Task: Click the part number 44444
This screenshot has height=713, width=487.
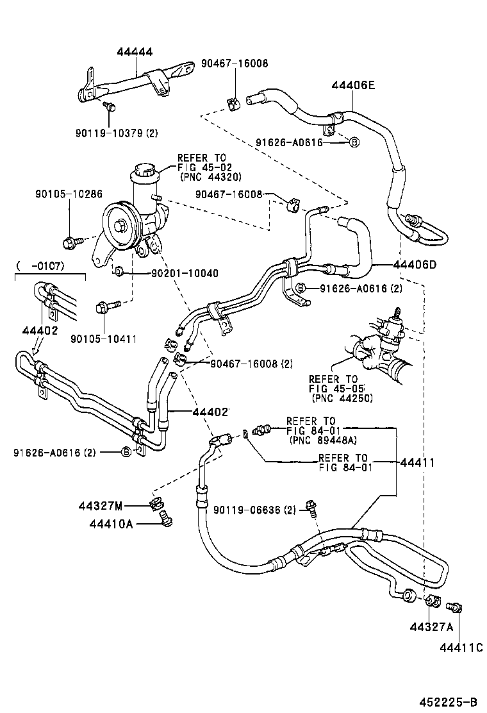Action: tap(135, 52)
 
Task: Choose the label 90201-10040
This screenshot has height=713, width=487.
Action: tap(176, 273)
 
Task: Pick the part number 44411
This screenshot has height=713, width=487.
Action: tap(417, 462)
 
